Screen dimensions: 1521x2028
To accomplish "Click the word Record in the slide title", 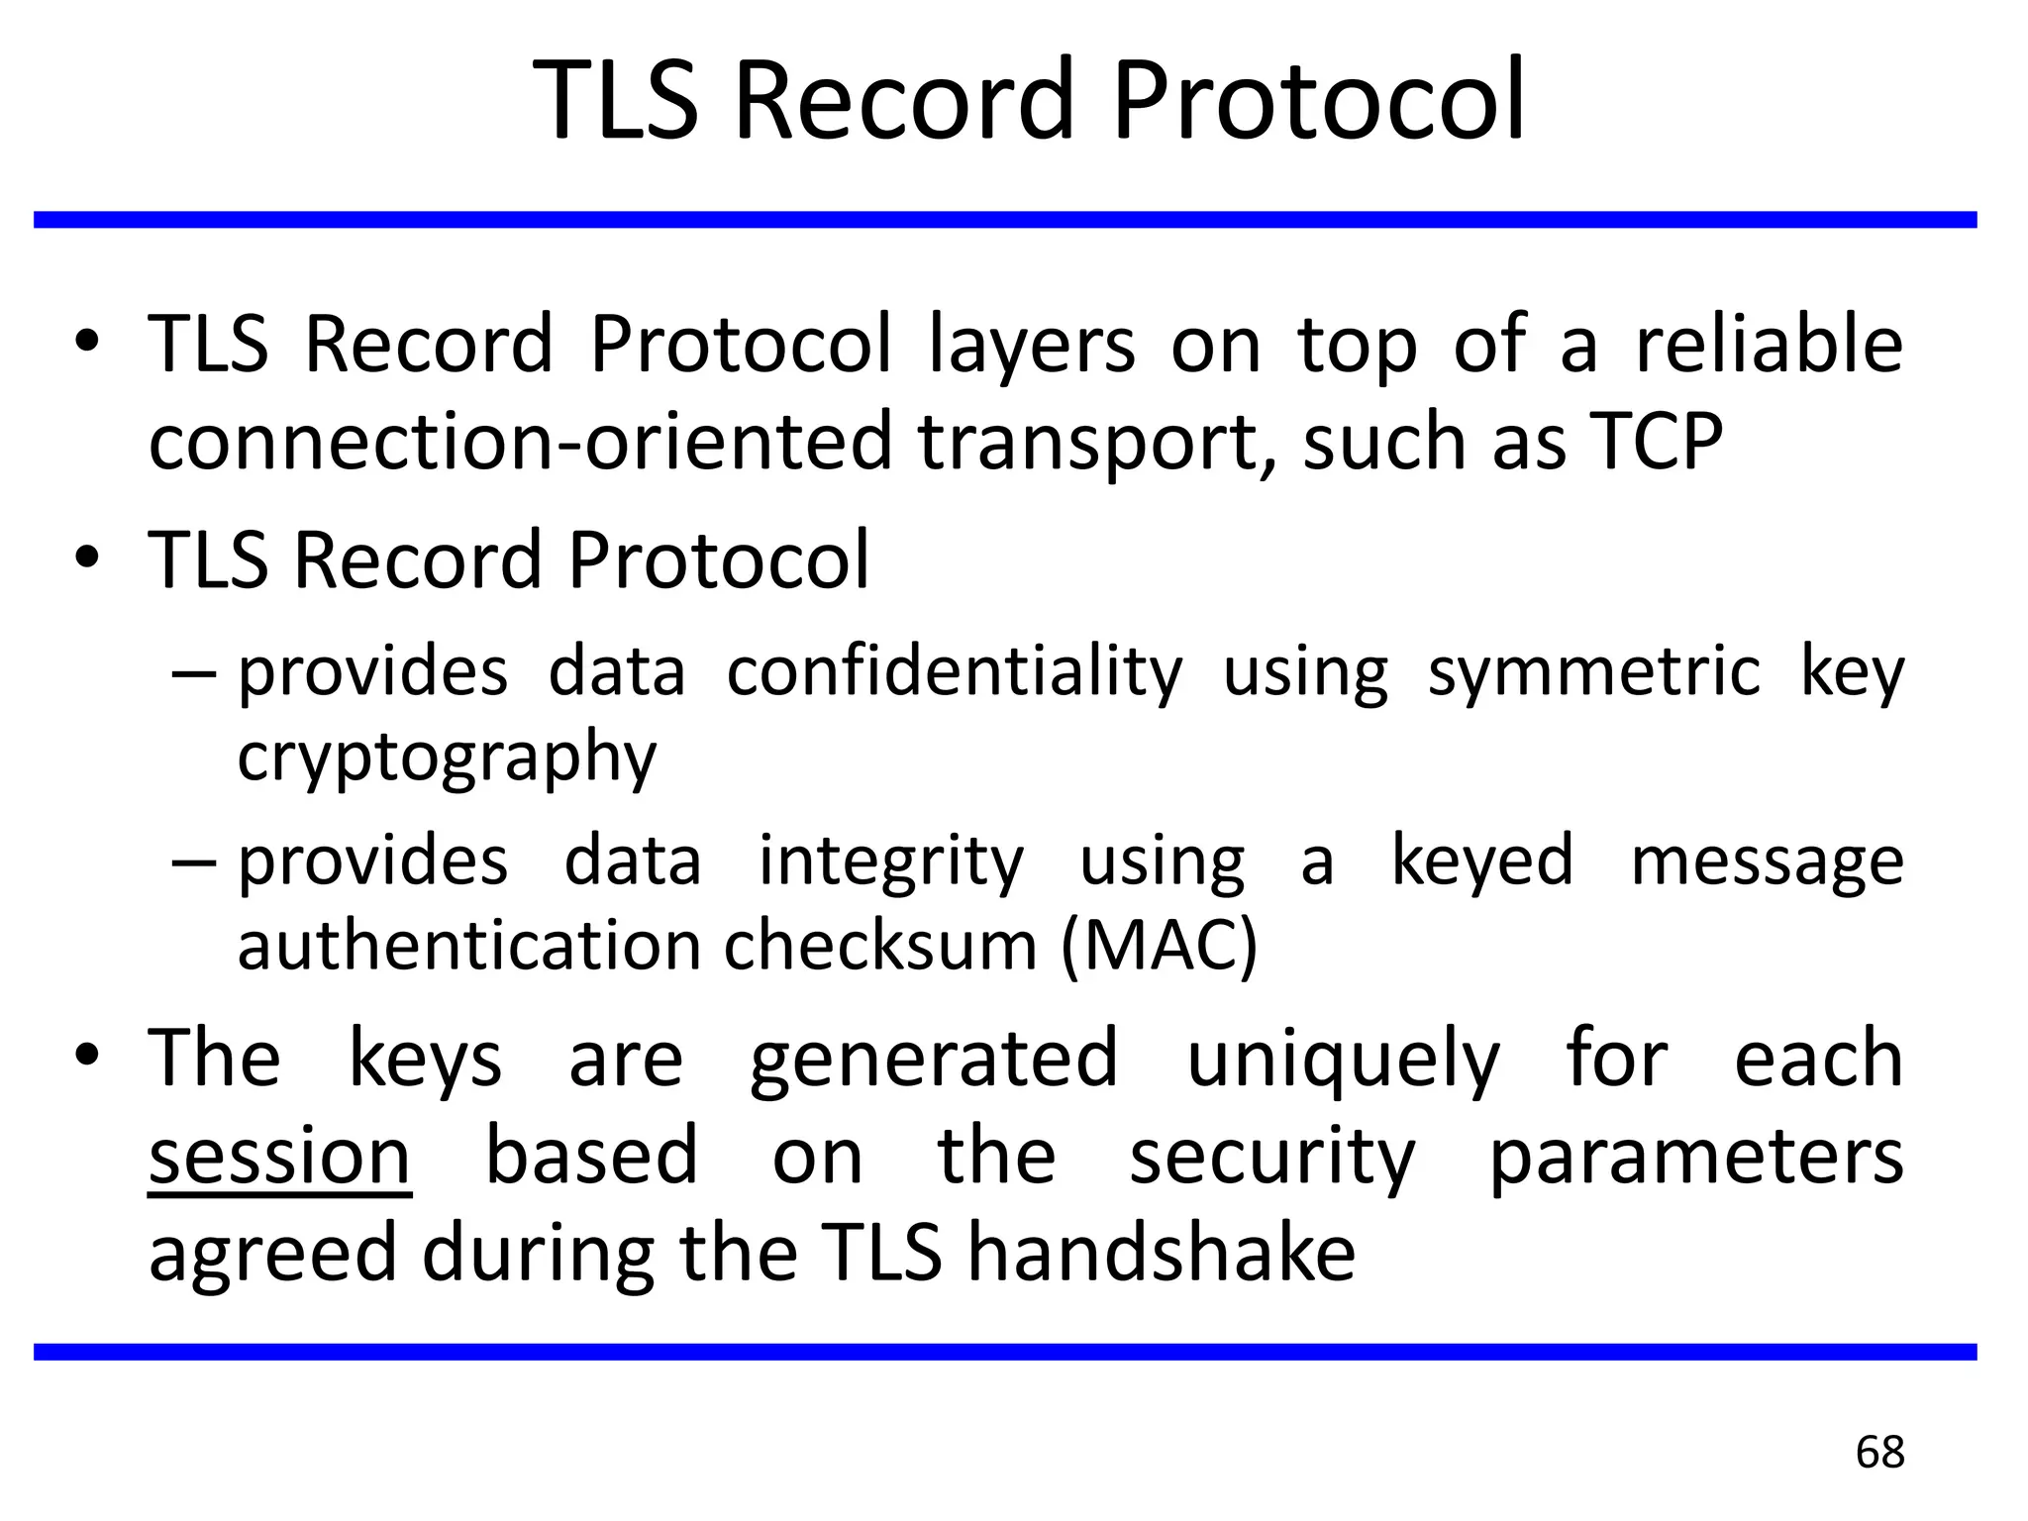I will point(904,100).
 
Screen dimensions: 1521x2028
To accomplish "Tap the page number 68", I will point(1879,1453).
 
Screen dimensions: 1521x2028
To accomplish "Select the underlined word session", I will point(279,1157).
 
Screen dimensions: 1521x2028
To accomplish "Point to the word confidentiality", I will point(955,672).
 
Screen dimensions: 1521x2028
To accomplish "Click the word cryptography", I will point(447,758).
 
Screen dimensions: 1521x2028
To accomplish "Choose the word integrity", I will point(891,862).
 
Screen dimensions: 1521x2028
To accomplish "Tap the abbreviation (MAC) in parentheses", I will point(1159,946).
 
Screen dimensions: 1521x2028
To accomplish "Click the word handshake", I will point(1162,1253).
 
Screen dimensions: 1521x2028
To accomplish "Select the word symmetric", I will point(1593,672).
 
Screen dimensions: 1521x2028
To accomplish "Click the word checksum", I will point(880,946).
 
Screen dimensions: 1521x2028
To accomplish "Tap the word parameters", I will point(1696,1157).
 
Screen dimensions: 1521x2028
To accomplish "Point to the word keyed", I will point(1482,862).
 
